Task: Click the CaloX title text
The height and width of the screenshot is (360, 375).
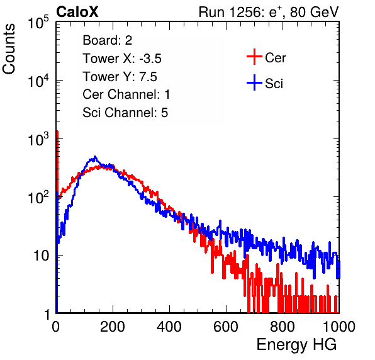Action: coord(77,12)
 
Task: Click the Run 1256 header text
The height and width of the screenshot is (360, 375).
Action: coord(269,12)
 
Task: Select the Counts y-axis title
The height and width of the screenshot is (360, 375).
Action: coord(9,49)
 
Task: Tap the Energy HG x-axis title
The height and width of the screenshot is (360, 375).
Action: coord(296,345)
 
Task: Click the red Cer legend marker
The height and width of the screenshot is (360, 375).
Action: coord(254,57)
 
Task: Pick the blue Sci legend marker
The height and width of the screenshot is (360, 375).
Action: coord(254,82)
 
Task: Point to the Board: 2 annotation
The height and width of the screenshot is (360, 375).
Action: coord(108,40)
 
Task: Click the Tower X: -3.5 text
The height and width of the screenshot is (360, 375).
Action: coord(122,59)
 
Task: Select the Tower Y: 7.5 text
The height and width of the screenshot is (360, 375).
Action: coord(120,77)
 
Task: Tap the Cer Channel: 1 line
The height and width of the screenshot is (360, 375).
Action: coord(126,94)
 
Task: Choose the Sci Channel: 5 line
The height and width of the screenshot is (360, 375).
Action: coord(125,113)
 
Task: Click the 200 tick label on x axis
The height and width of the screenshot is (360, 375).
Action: coord(113,327)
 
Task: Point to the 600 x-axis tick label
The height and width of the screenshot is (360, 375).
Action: coord(226,327)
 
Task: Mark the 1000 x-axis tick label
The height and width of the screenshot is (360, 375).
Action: coord(339,327)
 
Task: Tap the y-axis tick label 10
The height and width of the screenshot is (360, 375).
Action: coord(41,256)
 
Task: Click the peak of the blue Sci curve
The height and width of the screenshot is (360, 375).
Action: coord(95,157)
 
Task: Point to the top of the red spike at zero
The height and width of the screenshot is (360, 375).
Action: coord(57,132)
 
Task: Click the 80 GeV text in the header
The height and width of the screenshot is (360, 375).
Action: coord(314,12)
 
